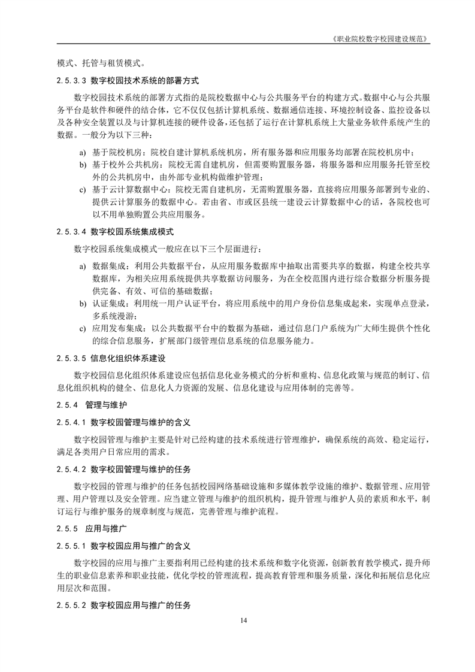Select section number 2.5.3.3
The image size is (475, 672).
click(x=71, y=80)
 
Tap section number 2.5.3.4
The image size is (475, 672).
click(x=71, y=231)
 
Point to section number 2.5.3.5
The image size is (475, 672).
click(x=71, y=359)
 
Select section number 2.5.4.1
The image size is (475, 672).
click(x=71, y=422)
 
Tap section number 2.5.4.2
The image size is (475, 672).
click(x=71, y=468)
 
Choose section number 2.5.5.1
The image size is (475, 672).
click(x=71, y=546)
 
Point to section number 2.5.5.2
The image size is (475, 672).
click(x=71, y=606)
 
